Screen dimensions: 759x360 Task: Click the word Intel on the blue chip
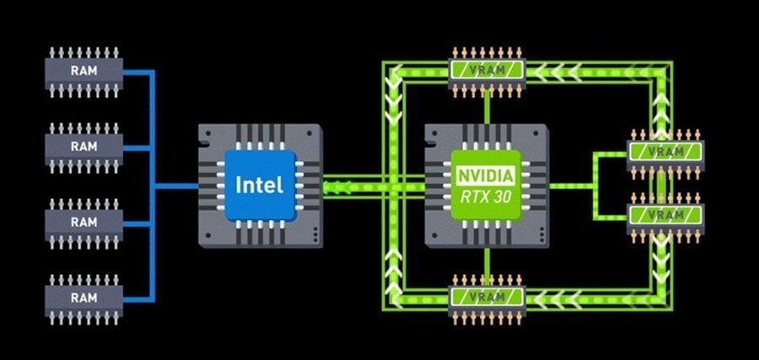point(260,185)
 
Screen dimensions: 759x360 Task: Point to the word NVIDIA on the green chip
point(486,175)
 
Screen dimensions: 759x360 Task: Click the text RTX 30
point(486,197)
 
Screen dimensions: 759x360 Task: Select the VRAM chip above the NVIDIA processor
point(487,73)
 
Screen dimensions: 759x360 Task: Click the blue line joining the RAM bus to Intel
point(176,185)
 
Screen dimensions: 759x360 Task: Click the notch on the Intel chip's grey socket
point(204,144)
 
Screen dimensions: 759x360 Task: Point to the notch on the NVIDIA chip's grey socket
point(430,144)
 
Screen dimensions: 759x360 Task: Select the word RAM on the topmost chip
point(83,71)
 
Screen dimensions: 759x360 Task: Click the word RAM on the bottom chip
point(83,298)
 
